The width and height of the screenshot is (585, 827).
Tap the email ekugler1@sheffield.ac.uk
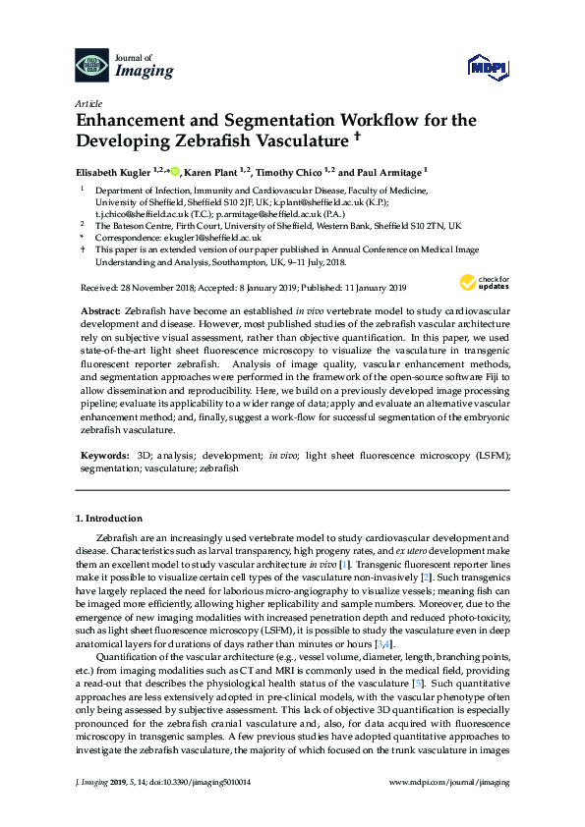pos(212,238)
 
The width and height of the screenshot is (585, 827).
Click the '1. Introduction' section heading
pos(112,518)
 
